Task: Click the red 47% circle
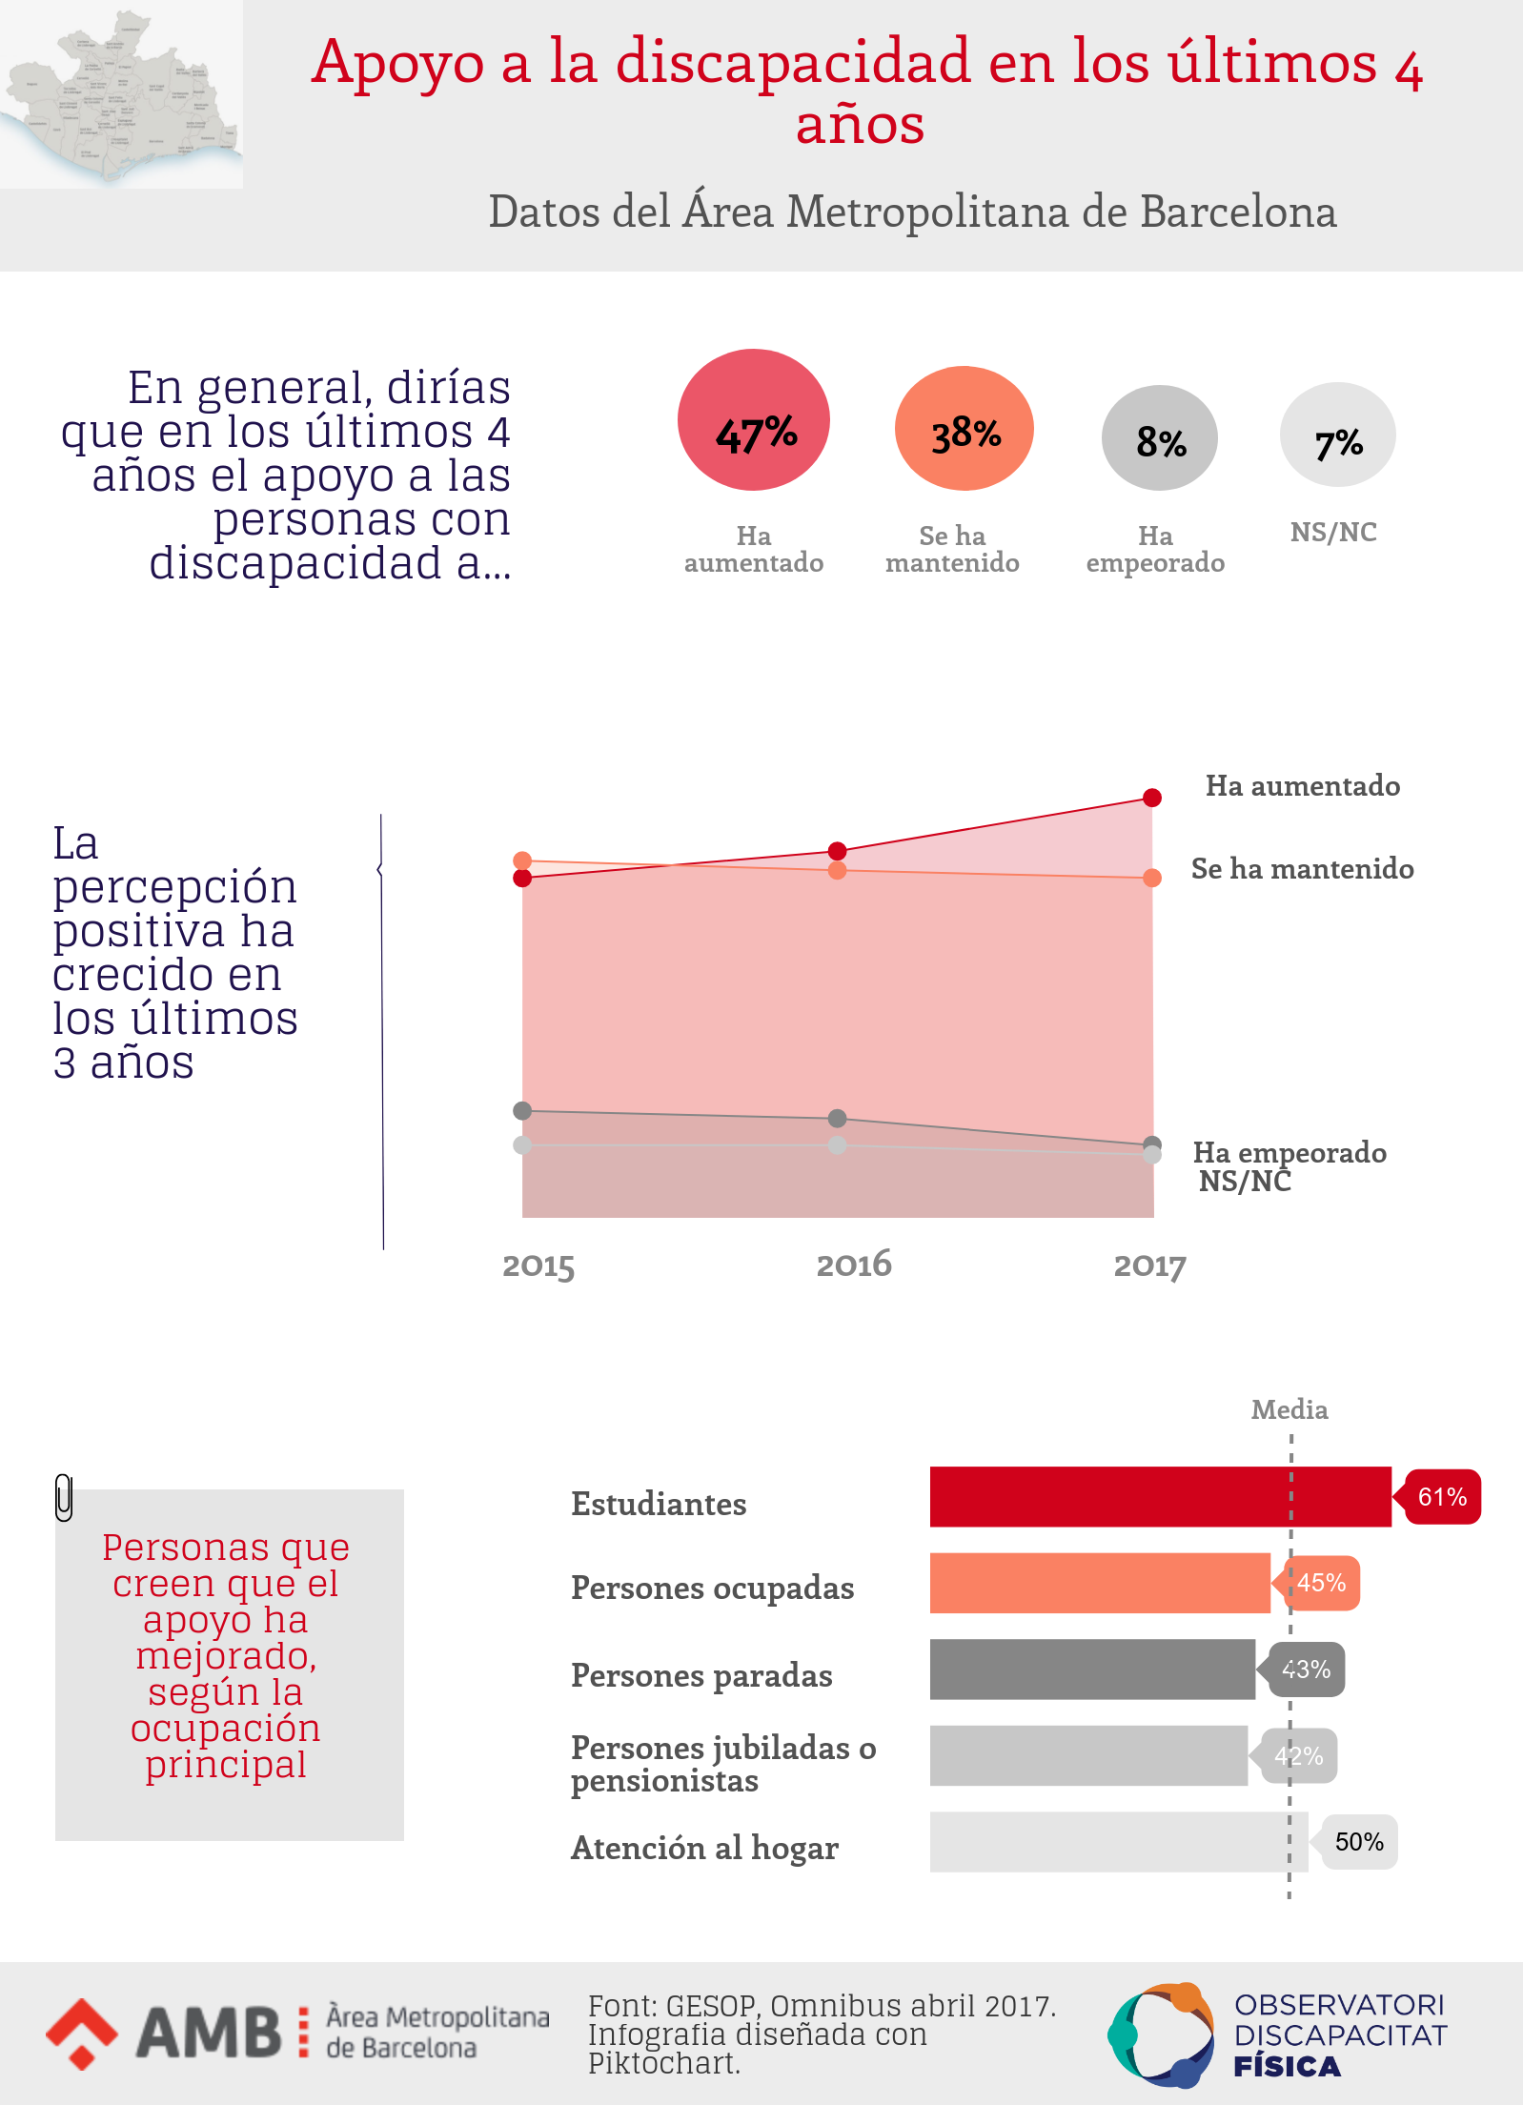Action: [x=753, y=420]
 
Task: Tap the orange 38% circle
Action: [x=964, y=429]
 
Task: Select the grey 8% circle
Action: [x=1159, y=438]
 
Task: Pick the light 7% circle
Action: [x=1337, y=435]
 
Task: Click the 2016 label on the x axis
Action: [x=854, y=1265]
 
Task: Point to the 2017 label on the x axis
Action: [x=1149, y=1265]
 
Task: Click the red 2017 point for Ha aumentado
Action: [x=1152, y=798]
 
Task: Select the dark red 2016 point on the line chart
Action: [x=837, y=851]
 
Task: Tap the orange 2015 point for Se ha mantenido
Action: [x=522, y=860]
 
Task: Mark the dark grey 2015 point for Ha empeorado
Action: [x=522, y=1110]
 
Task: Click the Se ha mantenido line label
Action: [x=1302, y=869]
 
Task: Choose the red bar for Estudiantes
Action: [x=1160, y=1496]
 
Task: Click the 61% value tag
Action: [x=1441, y=1497]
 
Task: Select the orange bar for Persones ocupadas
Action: [x=1100, y=1583]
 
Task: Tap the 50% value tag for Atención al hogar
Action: [x=1358, y=1842]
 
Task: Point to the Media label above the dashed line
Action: [x=1289, y=1409]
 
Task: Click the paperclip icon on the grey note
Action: [x=64, y=1498]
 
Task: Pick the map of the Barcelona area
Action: [x=121, y=95]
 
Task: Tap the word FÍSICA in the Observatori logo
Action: [x=1287, y=2067]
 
